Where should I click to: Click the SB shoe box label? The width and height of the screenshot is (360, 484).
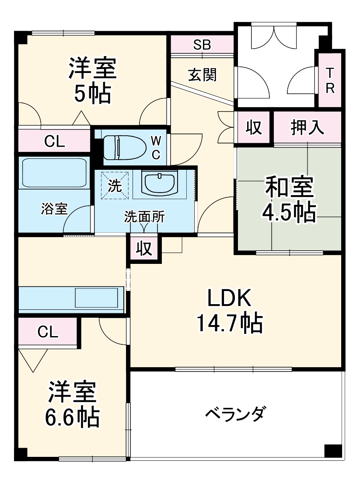202,44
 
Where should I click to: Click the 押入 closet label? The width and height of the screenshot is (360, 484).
308,127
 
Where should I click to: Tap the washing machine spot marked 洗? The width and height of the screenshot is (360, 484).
115,186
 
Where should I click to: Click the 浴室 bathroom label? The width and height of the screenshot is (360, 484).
54,209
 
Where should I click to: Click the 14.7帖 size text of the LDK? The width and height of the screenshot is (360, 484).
229,324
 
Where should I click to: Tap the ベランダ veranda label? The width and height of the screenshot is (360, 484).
235,414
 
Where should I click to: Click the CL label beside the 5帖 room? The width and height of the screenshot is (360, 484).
55,141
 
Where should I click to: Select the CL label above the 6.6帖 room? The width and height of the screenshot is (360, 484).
48,332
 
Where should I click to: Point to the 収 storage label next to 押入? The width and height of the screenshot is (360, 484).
253,127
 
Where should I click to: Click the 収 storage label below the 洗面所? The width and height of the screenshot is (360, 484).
144,249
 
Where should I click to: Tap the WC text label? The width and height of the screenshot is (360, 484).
156,147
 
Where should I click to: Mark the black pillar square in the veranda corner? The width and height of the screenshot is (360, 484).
332,451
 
